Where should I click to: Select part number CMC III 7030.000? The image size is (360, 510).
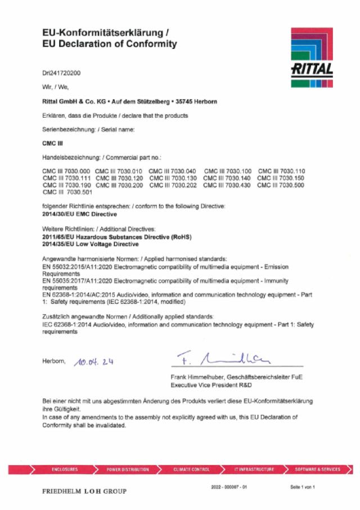click(x=66, y=171)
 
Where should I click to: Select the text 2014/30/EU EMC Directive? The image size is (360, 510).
click(x=80, y=214)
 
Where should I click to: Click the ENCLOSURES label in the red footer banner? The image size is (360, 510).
click(x=65, y=469)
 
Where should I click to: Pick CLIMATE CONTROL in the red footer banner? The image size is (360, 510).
click(x=192, y=469)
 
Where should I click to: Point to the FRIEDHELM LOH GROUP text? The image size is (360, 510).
click(x=84, y=491)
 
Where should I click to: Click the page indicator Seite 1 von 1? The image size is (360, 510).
click(x=303, y=486)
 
